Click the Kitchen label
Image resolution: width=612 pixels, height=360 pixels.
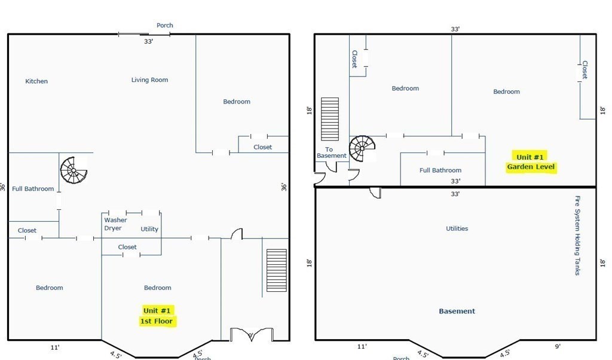[x=36, y=81]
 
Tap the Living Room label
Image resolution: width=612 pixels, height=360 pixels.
[x=149, y=80]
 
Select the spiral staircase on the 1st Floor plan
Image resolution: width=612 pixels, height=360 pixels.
[x=74, y=170]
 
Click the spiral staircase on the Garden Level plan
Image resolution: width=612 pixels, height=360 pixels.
[x=362, y=148]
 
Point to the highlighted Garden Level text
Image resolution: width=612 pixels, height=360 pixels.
[x=531, y=167]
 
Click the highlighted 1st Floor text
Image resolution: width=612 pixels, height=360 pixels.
[x=156, y=321]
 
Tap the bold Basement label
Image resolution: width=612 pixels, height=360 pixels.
[x=457, y=311]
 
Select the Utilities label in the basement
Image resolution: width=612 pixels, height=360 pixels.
[x=457, y=228]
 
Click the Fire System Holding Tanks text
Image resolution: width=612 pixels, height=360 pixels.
[x=577, y=236]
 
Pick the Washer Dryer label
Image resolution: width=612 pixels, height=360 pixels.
[x=115, y=224]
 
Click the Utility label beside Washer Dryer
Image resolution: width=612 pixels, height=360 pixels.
[x=149, y=229]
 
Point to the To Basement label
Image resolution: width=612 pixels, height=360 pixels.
[x=331, y=152]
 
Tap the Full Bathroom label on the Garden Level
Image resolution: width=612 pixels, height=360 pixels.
[x=440, y=170]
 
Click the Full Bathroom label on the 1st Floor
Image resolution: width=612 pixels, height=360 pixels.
[x=33, y=188]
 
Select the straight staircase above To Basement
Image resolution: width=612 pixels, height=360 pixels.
[x=330, y=119]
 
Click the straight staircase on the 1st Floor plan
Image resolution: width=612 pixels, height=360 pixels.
[x=276, y=270]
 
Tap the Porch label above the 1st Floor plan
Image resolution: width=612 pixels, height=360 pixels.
[x=165, y=25]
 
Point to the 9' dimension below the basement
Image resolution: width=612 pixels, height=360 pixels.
[x=558, y=346]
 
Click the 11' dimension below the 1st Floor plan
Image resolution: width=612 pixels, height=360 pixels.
[x=55, y=347]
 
